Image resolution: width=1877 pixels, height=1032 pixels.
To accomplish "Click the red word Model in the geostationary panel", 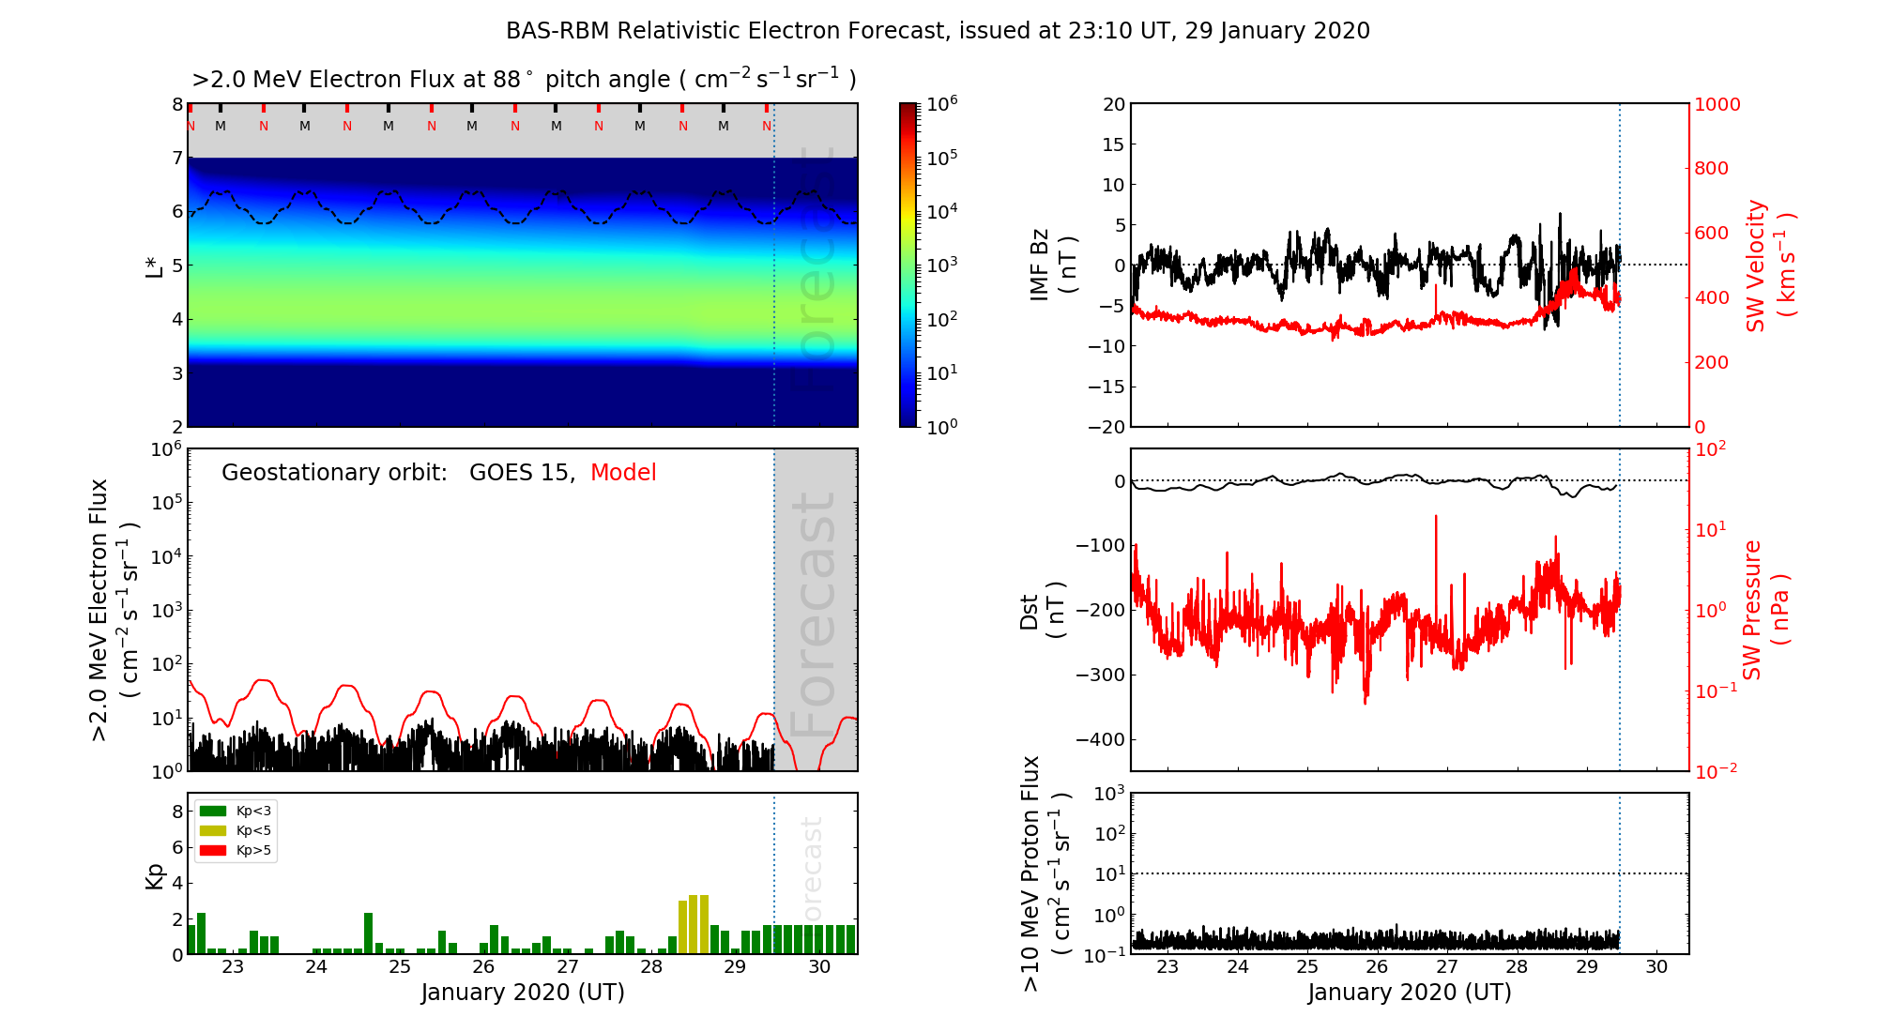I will pyautogui.click(x=623, y=473).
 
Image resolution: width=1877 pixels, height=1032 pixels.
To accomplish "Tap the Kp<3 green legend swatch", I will pyautogui.click(x=213, y=811).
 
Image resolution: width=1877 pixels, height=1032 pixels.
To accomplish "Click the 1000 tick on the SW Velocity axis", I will pyautogui.click(x=1717, y=104).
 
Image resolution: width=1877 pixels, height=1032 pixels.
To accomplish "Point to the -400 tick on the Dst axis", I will pyautogui.click(x=1099, y=739).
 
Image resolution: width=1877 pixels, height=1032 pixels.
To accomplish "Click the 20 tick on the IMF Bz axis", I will pyautogui.click(x=1113, y=104).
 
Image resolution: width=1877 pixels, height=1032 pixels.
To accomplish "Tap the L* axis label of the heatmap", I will pyautogui.click(x=155, y=266).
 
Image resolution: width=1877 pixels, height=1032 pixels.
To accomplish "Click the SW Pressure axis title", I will pyautogui.click(x=1765, y=610).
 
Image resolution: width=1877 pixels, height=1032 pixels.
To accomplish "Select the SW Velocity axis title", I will pyautogui.click(x=1769, y=266).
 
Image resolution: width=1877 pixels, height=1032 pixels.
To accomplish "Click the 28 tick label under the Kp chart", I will pyautogui.click(x=651, y=967).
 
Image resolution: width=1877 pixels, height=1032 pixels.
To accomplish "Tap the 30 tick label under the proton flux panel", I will pyautogui.click(x=1656, y=967).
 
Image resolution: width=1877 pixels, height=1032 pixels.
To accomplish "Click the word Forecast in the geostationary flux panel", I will pyautogui.click(x=814, y=615).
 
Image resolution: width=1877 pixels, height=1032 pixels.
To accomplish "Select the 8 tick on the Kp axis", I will pyautogui.click(x=177, y=812).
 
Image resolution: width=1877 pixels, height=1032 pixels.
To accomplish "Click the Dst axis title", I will pyautogui.click(x=1042, y=610).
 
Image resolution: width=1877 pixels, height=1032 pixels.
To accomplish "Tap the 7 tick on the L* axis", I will pyautogui.click(x=177, y=158).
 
